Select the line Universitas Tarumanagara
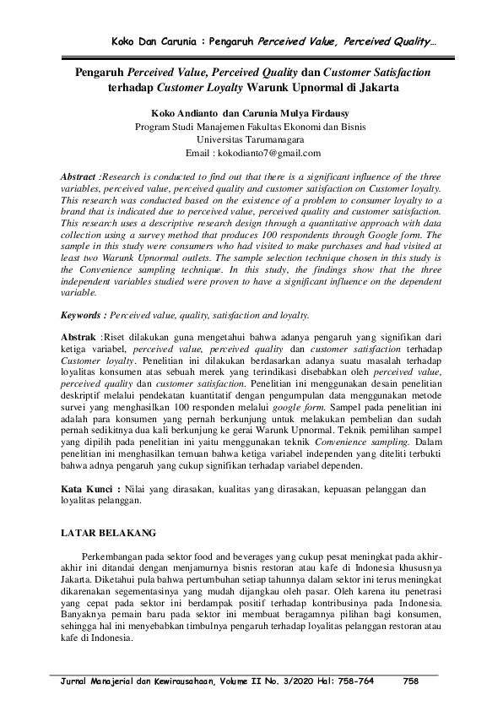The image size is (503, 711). tap(251, 139)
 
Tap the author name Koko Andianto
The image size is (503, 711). tap(183, 112)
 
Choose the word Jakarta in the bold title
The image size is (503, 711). tap(374, 86)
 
